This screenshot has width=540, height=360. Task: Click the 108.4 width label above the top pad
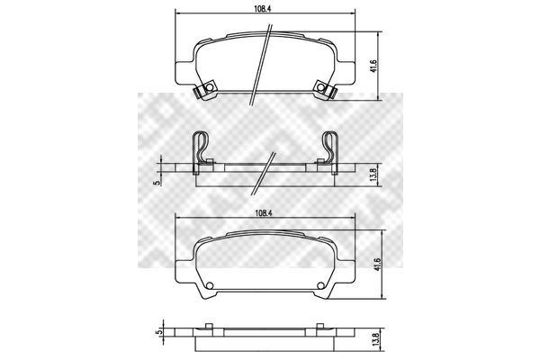[263, 9]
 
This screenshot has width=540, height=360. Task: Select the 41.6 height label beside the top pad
[374, 66]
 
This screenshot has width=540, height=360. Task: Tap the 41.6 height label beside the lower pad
[378, 265]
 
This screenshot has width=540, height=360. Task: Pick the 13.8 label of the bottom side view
[377, 340]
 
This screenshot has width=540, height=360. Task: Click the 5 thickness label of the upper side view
[158, 183]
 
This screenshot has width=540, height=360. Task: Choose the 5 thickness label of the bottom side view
[158, 332]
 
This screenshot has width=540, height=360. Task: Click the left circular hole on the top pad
[209, 87]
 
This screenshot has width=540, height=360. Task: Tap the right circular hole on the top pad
[321, 87]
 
